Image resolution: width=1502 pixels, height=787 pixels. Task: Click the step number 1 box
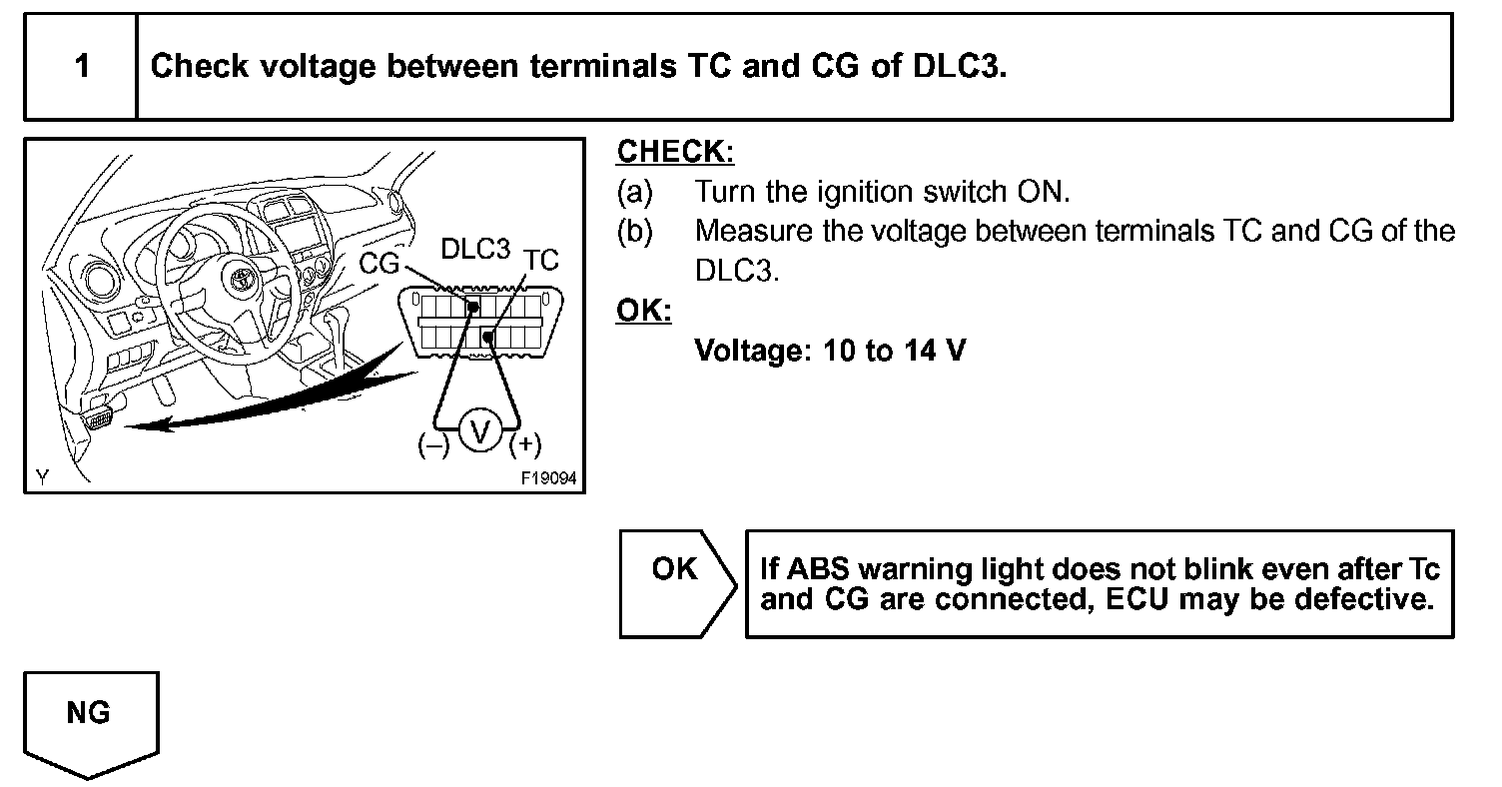pyautogui.click(x=81, y=67)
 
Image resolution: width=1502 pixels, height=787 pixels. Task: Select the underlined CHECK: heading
pyautogui.click(x=675, y=152)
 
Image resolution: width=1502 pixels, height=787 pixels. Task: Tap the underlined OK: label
pyautogui.click(x=644, y=311)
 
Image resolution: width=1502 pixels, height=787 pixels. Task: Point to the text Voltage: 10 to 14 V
pyautogui.click(x=830, y=351)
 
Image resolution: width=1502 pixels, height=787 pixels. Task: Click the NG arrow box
pyautogui.click(x=89, y=717)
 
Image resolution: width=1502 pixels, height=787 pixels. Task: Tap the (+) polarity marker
pyautogui.click(x=525, y=445)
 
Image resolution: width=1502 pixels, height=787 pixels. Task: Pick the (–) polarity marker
pyautogui.click(x=434, y=445)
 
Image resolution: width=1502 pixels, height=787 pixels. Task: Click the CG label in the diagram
pyautogui.click(x=378, y=263)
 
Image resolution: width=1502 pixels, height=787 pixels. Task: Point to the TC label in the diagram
pyautogui.click(x=541, y=261)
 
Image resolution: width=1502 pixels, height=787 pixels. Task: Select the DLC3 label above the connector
pyautogui.click(x=475, y=250)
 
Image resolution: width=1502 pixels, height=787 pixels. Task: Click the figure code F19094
pyautogui.click(x=548, y=478)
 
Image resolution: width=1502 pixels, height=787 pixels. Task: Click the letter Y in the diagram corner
pyautogui.click(x=42, y=477)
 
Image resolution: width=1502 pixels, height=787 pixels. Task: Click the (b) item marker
pyautogui.click(x=634, y=231)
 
